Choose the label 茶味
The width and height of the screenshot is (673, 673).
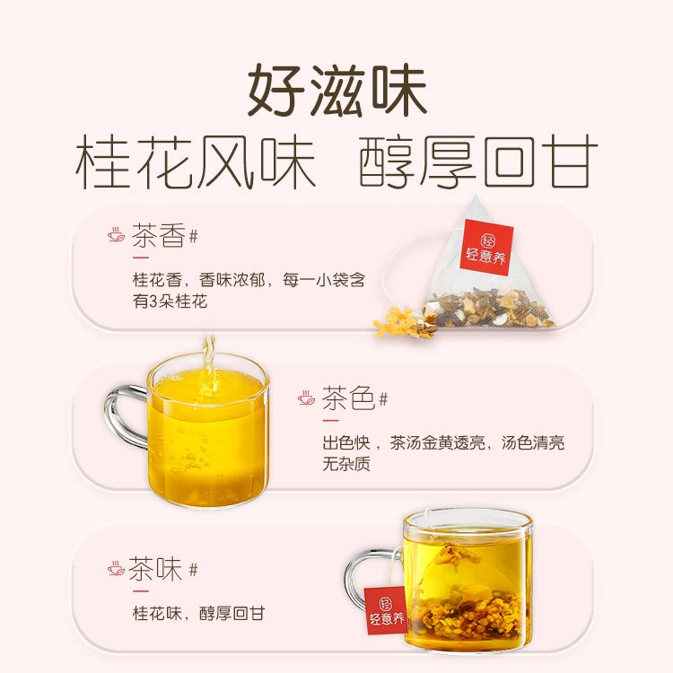tap(156, 568)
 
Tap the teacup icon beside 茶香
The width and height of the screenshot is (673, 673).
tap(116, 236)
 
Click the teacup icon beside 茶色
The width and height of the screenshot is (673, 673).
tap(306, 398)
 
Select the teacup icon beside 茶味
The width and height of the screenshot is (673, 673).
tap(116, 568)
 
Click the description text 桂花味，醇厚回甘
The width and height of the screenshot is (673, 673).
tap(198, 614)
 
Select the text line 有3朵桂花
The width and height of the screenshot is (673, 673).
tap(170, 302)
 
